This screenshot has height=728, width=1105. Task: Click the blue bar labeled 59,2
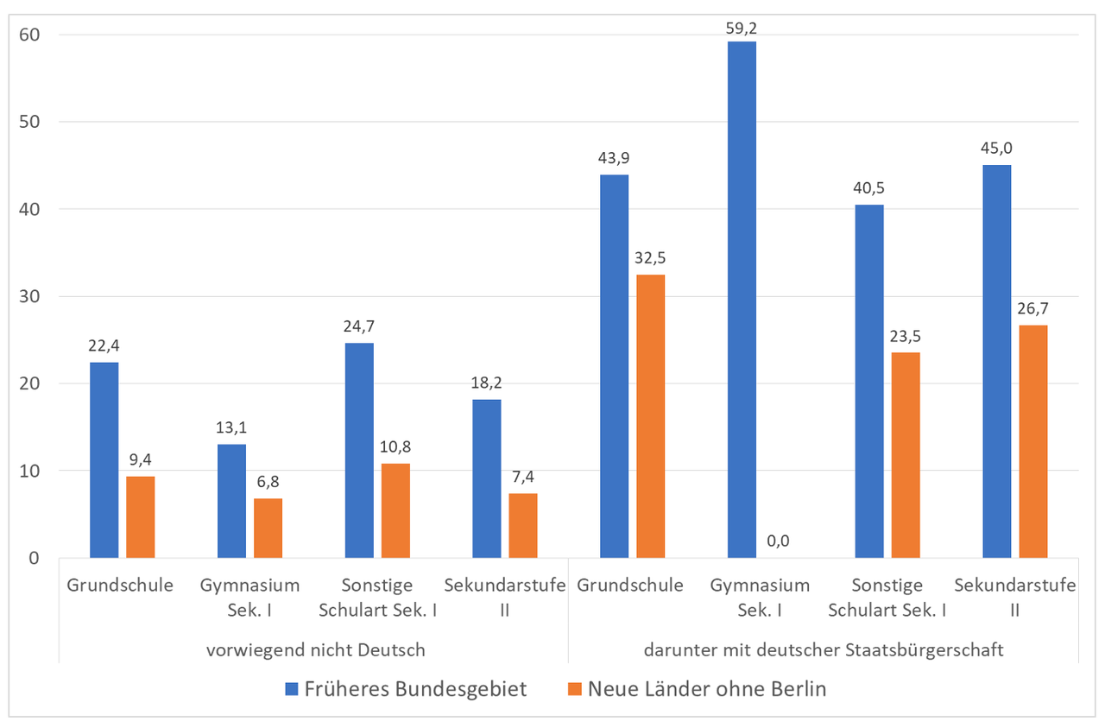pyautogui.click(x=742, y=300)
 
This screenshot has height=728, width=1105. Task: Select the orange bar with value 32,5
pyautogui.click(x=651, y=416)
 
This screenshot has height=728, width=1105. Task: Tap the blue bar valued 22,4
pyautogui.click(x=104, y=459)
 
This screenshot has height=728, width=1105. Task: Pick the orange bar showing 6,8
pyautogui.click(x=268, y=528)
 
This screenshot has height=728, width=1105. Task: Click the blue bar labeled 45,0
pyautogui.click(x=997, y=361)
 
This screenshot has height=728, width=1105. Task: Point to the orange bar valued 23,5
pyautogui.click(x=906, y=455)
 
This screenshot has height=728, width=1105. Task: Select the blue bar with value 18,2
pyautogui.click(x=487, y=478)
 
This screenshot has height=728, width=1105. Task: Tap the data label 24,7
pyautogui.click(x=358, y=326)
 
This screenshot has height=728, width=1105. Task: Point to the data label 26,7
pyautogui.click(x=1032, y=308)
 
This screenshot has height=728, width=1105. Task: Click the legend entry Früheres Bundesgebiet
pyautogui.click(x=406, y=689)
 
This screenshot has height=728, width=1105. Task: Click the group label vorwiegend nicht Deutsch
pyautogui.click(x=316, y=649)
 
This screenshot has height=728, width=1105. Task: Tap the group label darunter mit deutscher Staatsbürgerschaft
pyautogui.click(x=824, y=649)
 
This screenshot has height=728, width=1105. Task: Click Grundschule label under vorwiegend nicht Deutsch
pyautogui.click(x=120, y=585)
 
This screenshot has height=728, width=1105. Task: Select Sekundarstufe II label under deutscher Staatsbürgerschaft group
pyautogui.click(x=1015, y=597)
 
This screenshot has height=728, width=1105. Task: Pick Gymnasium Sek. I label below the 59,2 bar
pyautogui.click(x=760, y=597)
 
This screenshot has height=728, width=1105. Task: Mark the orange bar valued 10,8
pyautogui.click(x=395, y=510)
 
